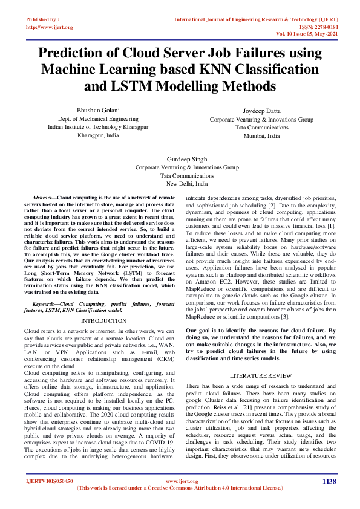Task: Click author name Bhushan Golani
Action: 98,110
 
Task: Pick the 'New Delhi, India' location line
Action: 187,183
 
